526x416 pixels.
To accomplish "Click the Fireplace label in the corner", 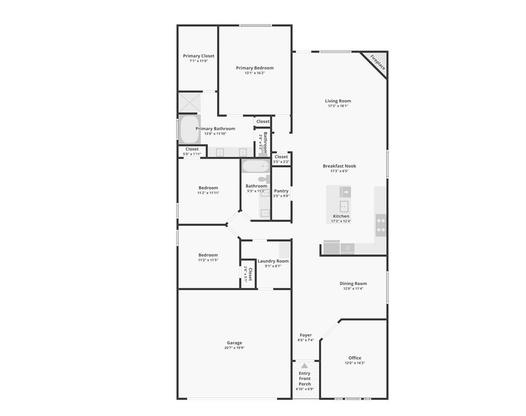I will [x=378, y=62].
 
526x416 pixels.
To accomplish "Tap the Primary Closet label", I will [x=198, y=56].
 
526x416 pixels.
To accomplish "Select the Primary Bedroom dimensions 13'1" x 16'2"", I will [x=255, y=73].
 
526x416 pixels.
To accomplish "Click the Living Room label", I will [x=338, y=101].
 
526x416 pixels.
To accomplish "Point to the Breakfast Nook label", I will [x=340, y=166].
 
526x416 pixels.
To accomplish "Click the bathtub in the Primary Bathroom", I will [x=190, y=129].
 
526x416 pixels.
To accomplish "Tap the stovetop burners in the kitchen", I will [x=381, y=225].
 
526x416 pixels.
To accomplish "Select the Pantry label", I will [x=281, y=191].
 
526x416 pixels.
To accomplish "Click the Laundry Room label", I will [x=273, y=261].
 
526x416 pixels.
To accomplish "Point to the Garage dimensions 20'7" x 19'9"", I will [x=235, y=348].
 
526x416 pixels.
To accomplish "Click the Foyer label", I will [x=306, y=335].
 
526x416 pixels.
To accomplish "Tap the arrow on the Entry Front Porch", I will [x=304, y=366].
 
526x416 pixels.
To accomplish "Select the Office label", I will [x=355, y=358].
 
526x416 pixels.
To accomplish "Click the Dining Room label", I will [x=353, y=283].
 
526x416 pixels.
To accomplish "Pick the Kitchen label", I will [x=341, y=216].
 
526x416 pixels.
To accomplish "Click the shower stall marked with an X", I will [x=190, y=102].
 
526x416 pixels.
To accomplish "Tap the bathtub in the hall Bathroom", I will [x=255, y=166].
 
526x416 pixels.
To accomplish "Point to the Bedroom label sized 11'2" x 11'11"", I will [x=208, y=188].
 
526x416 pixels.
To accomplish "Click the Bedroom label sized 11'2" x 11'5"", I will [x=208, y=255].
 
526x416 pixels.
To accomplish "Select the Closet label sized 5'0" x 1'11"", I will [x=192, y=149].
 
